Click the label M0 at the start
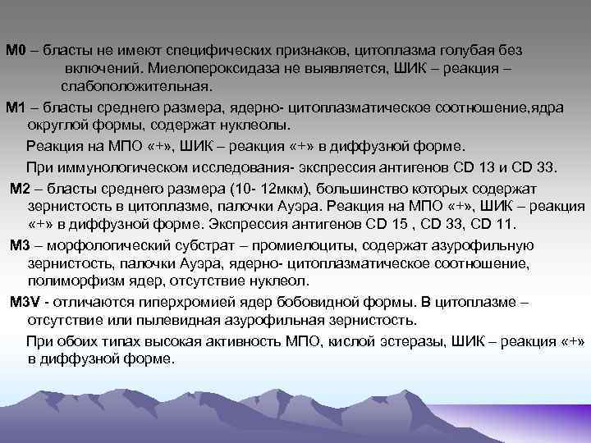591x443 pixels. (16, 51)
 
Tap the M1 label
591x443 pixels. (16, 108)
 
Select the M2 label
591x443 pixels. (20, 186)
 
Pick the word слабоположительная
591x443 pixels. (135, 86)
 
